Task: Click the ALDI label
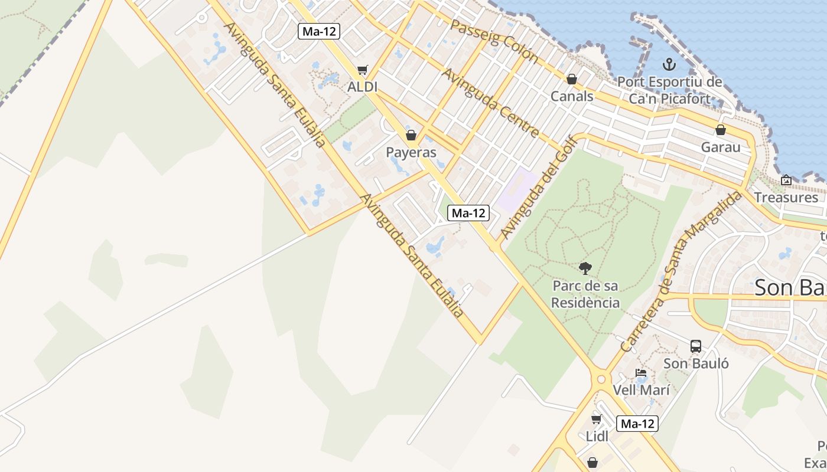click(362, 87)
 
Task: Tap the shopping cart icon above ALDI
click(362, 70)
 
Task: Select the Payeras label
click(411, 152)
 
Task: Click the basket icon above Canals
click(571, 79)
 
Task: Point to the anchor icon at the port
click(669, 64)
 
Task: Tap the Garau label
click(721, 147)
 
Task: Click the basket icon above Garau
click(721, 130)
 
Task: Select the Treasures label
click(786, 197)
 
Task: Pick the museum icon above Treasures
click(786, 180)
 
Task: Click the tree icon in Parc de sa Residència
click(585, 269)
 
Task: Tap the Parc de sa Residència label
click(585, 294)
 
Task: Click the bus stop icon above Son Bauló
click(696, 346)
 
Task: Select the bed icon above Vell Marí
click(640, 373)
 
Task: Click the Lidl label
click(597, 437)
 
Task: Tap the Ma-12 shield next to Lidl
click(637, 423)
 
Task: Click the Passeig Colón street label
click(494, 41)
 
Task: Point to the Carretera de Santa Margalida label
click(681, 272)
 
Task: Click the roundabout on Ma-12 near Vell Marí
click(601, 379)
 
